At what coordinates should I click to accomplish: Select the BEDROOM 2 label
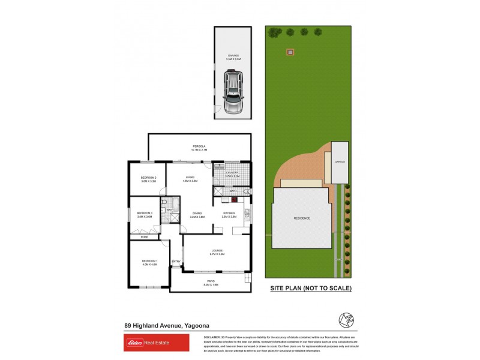[148, 178]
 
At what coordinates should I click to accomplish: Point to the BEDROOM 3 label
[144, 214]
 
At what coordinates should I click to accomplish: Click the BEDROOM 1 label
[149, 261]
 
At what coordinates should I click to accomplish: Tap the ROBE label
[144, 237]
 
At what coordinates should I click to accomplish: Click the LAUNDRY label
[233, 173]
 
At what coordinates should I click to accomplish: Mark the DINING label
[197, 214]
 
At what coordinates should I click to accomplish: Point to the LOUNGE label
[217, 251]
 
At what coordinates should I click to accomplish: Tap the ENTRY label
[176, 261]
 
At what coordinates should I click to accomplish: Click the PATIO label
[211, 281]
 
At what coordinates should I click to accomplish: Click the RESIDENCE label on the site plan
[302, 218]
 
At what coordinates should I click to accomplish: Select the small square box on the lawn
[291, 52]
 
